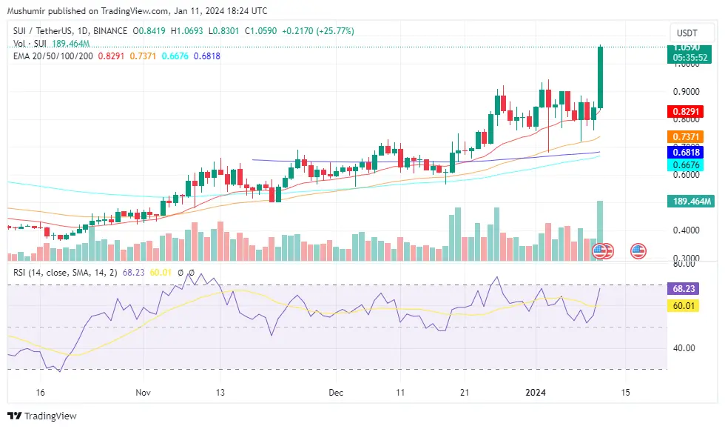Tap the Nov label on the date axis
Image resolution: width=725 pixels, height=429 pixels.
coord(144,392)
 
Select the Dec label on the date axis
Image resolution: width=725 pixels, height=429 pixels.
coord(336,392)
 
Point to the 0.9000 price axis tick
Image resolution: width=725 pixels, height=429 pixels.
coord(686,92)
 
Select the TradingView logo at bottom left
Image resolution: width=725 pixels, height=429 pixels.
coord(42,416)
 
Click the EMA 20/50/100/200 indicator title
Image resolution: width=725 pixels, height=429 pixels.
coord(53,56)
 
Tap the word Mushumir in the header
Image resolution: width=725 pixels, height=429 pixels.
coord(28,10)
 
